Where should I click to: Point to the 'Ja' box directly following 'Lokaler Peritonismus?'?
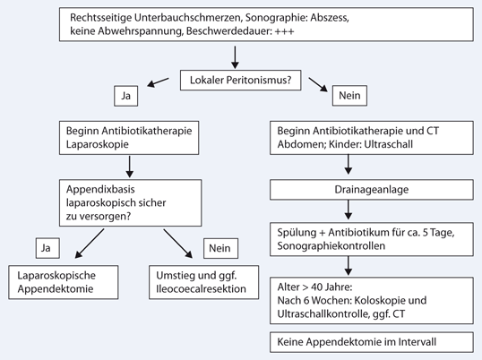[124, 94]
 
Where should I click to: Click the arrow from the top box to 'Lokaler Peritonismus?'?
[236, 56]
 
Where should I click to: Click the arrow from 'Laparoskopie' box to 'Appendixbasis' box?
[131, 165]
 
